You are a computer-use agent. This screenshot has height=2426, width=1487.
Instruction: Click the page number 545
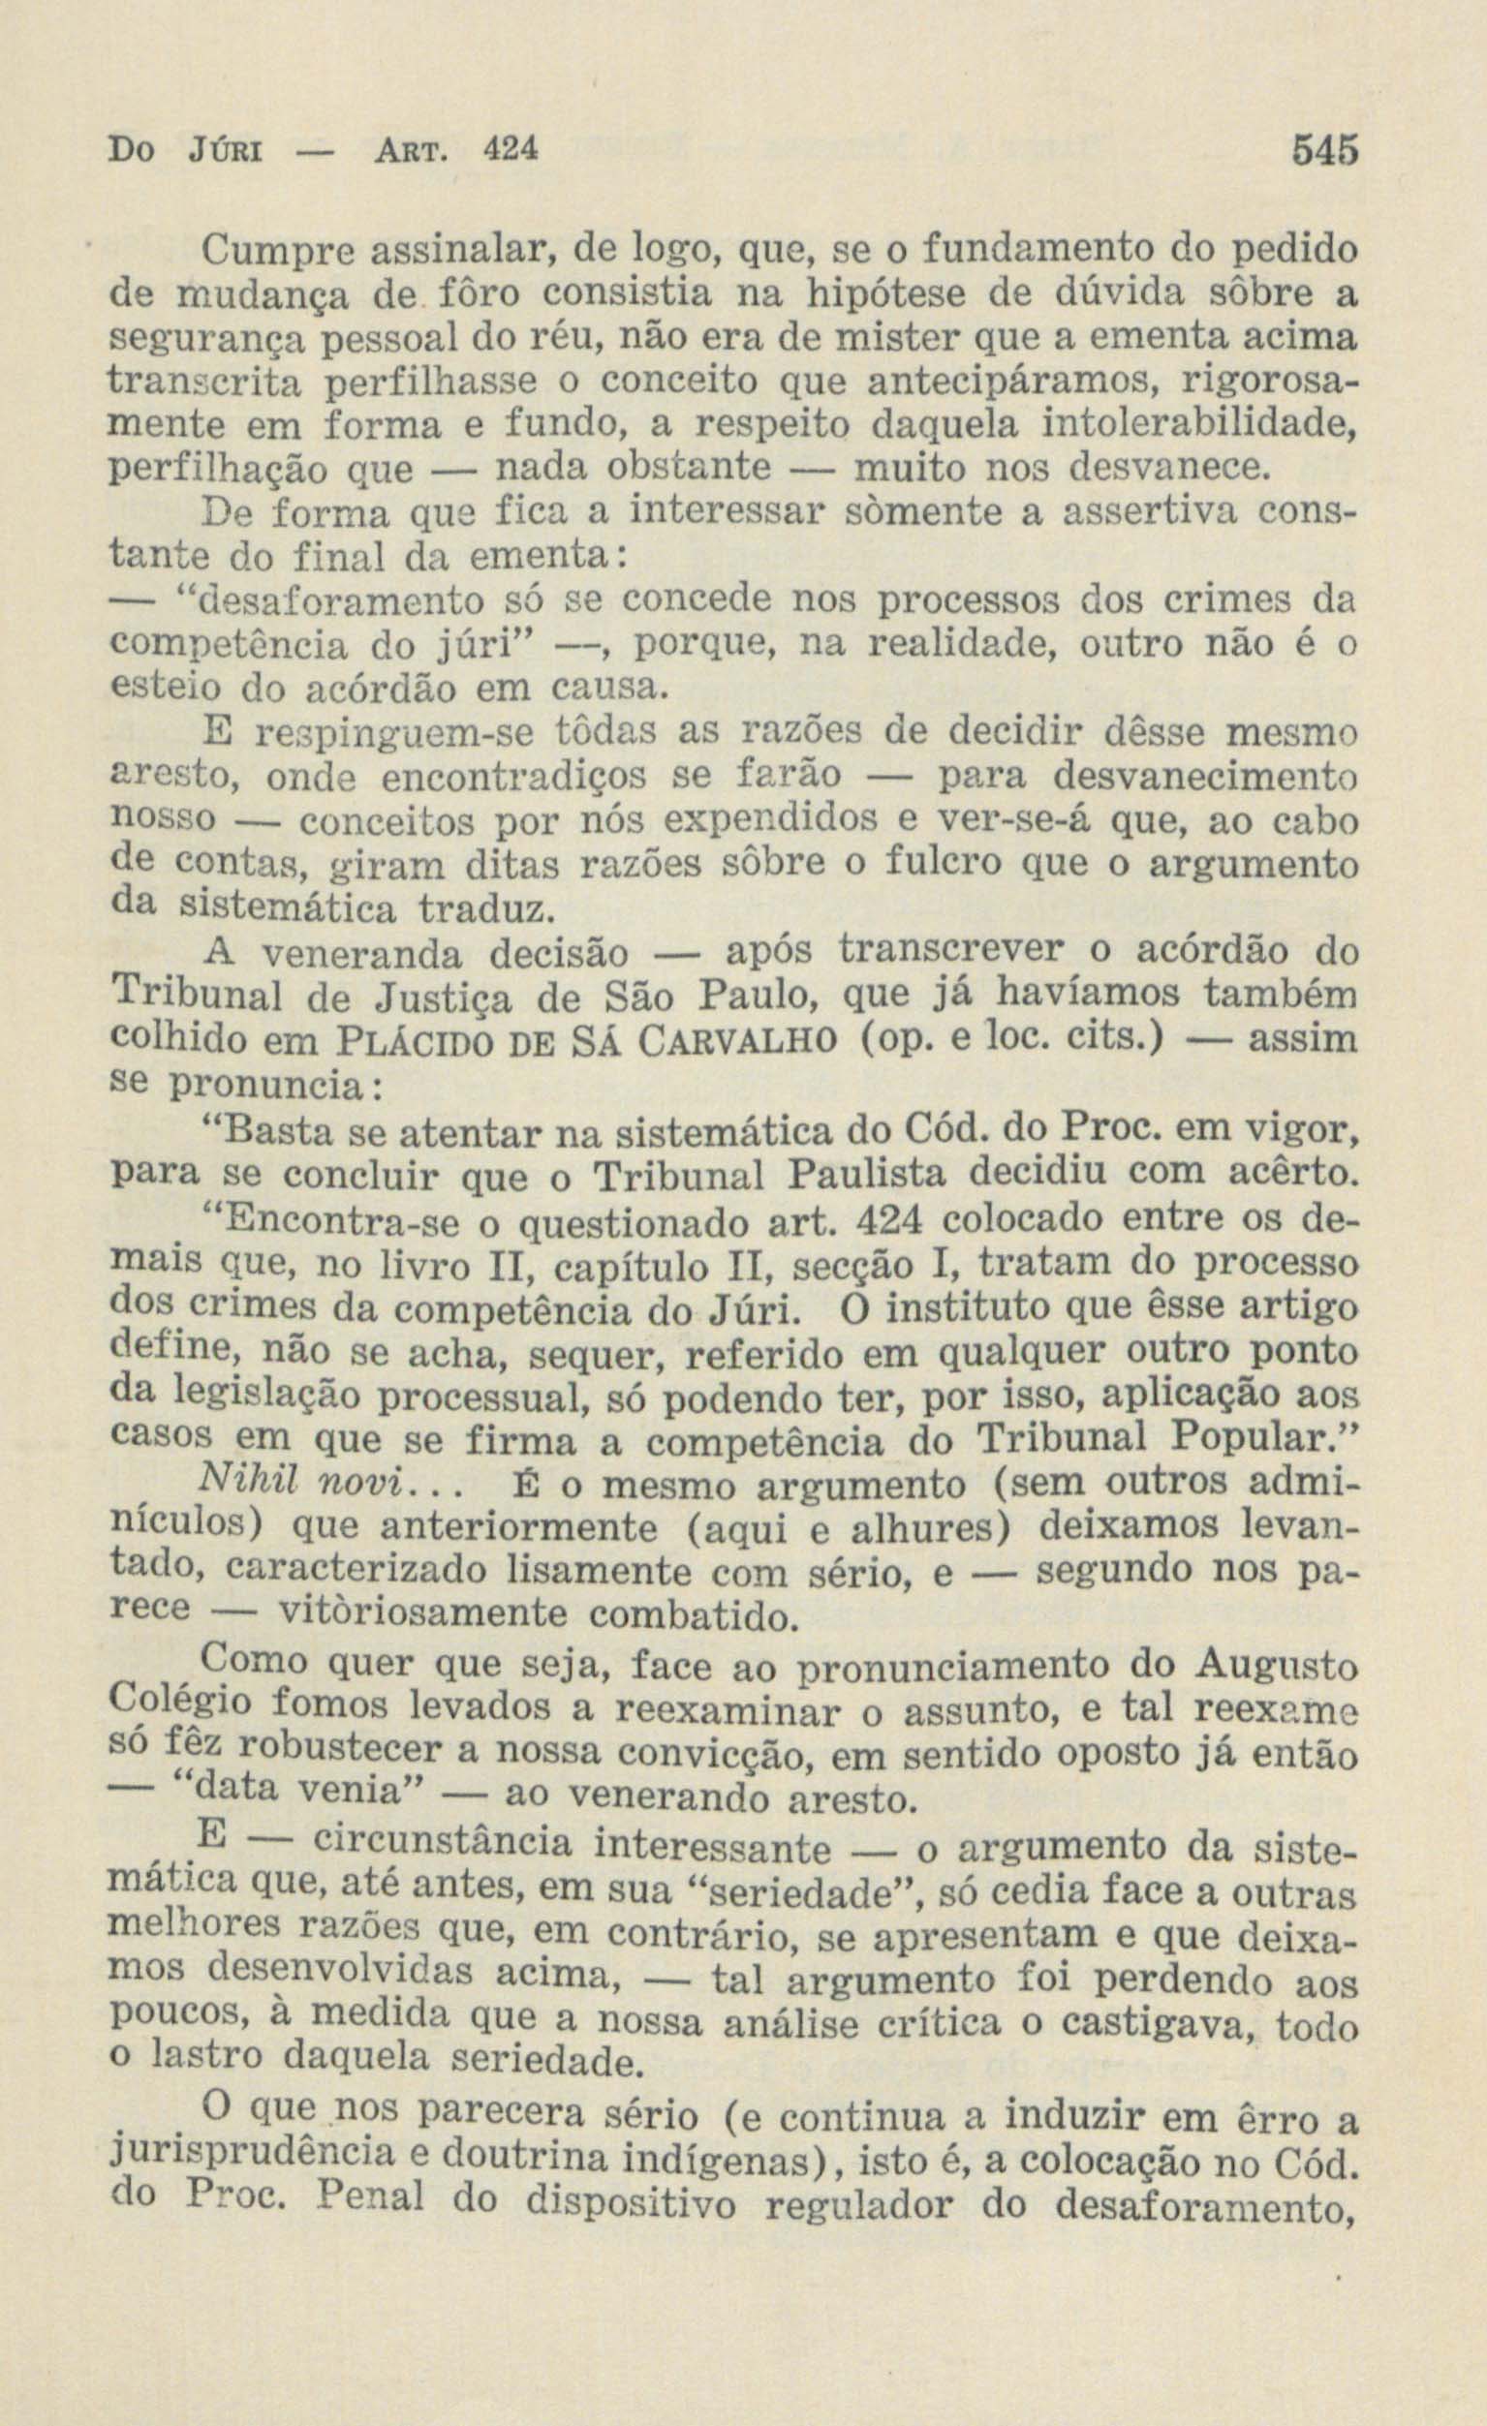(1324, 151)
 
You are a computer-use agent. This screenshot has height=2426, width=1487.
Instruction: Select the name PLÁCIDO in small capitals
(434, 1041)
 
